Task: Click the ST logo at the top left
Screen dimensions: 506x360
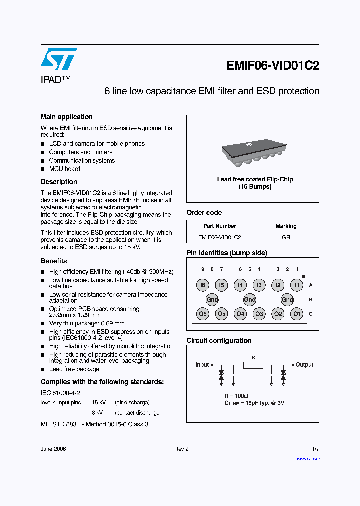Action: pos(59,60)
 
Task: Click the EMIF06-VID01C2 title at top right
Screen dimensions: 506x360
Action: pos(273,66)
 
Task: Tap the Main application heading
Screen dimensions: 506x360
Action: pos(66,117)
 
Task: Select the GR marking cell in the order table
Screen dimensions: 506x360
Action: pos(286,237)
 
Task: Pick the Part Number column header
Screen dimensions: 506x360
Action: pos(219,226)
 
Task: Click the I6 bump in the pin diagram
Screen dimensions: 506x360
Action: pos(202,285)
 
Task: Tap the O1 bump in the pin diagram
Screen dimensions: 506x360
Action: pos(297,314)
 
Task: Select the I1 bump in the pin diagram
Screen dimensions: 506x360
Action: pos(297,285)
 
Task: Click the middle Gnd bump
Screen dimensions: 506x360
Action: pos(250,300)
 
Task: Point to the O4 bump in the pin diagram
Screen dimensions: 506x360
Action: pos(240,314)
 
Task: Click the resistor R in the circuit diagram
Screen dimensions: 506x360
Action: pos(253,365)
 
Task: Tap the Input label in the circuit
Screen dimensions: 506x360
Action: pos(202,365)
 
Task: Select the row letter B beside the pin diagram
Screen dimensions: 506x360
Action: pos(310,300)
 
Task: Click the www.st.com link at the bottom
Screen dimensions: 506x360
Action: pos(308,458)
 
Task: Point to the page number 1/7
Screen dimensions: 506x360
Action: pos(315,449)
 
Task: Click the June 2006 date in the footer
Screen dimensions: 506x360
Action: pos(53,449)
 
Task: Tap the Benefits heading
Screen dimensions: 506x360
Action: pos(54,261)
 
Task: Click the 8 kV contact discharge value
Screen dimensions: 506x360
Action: pos(97,413)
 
